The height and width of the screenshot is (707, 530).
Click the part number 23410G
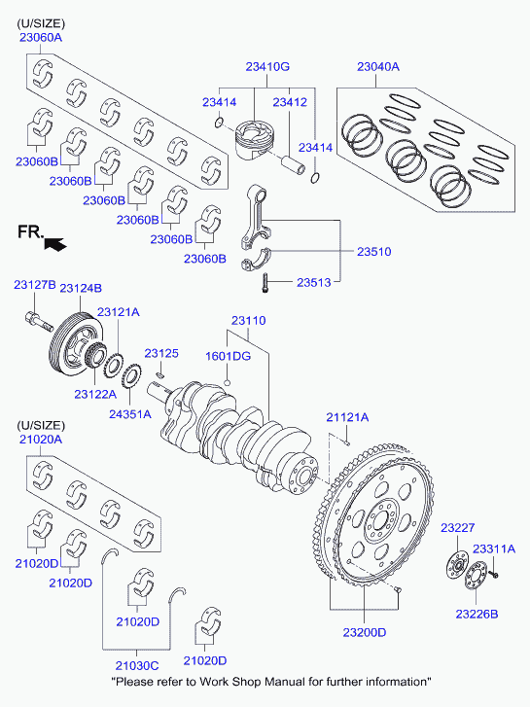pyautogui.click(x=267, y=67)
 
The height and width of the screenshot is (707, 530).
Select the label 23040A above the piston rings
pyautogui.click(x=378, y=67)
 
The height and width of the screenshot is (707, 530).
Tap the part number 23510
pyautogui.click(x=374, y=252)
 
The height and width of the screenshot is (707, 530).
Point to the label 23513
pyautogui.click(x=313, y=283)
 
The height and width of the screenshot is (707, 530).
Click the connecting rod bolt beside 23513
pyautogui.click(x=265, y=283)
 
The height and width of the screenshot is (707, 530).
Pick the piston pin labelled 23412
pyautogui.click(x=293, y=165)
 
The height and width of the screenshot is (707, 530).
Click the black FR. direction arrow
pyautogui.click(x=55, y=244)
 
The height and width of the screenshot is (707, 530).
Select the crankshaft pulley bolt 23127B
pyautogui.click(x=38, y=320)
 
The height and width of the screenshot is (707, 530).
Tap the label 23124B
pyautogui.click(x=81, y=288)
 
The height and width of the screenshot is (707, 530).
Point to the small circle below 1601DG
pyautogui.click(x=228, y=383)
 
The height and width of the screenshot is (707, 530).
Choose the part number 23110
pyautogui.click(x=249, y=321)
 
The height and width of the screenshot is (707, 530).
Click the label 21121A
pyautogui.click(x=347, y=417)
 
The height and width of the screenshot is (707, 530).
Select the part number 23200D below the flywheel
pyautogui.click(x=365, y=632)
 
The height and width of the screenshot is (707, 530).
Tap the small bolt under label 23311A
pyautogui.click(x=493, y=574)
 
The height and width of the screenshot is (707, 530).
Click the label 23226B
pyautogui.click(x=477, y=614)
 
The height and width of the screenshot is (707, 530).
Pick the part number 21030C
pyautogui.click(x=137, y=665)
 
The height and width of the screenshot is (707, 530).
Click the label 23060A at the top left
pyautogui.click(x=41, y=37)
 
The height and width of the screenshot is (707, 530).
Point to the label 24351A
pyautogui.click(x=130, y=414)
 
